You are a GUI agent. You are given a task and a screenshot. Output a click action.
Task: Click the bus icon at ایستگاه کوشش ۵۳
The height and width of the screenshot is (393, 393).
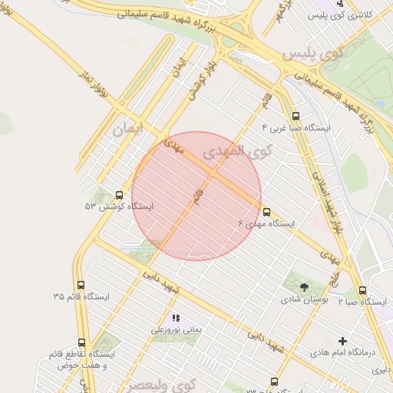tap(118, 195)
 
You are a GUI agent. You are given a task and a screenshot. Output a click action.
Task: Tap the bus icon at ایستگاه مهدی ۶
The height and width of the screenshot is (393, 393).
tap(266, 211)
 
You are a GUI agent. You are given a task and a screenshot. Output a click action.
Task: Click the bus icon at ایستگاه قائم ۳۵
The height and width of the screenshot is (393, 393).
tap(81, 285)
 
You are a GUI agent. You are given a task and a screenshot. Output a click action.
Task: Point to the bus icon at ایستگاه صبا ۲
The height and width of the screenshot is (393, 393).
tap(362, 290)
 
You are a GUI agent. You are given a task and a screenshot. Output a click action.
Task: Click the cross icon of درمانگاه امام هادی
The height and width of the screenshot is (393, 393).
tap(342, 340)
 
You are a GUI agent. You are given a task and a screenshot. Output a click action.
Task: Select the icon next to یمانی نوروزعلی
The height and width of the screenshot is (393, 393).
tap(175, 317)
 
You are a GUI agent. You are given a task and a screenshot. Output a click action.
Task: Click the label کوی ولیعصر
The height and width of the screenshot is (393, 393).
tap(162, 382)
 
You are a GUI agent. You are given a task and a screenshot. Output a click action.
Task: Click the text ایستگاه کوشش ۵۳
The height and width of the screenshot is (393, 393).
tap(119, 207)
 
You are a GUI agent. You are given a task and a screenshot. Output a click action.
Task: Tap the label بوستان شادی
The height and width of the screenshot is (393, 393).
tap(305, 302)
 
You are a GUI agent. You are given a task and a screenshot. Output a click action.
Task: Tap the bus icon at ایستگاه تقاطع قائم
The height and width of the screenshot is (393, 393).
tap(81, 342)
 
